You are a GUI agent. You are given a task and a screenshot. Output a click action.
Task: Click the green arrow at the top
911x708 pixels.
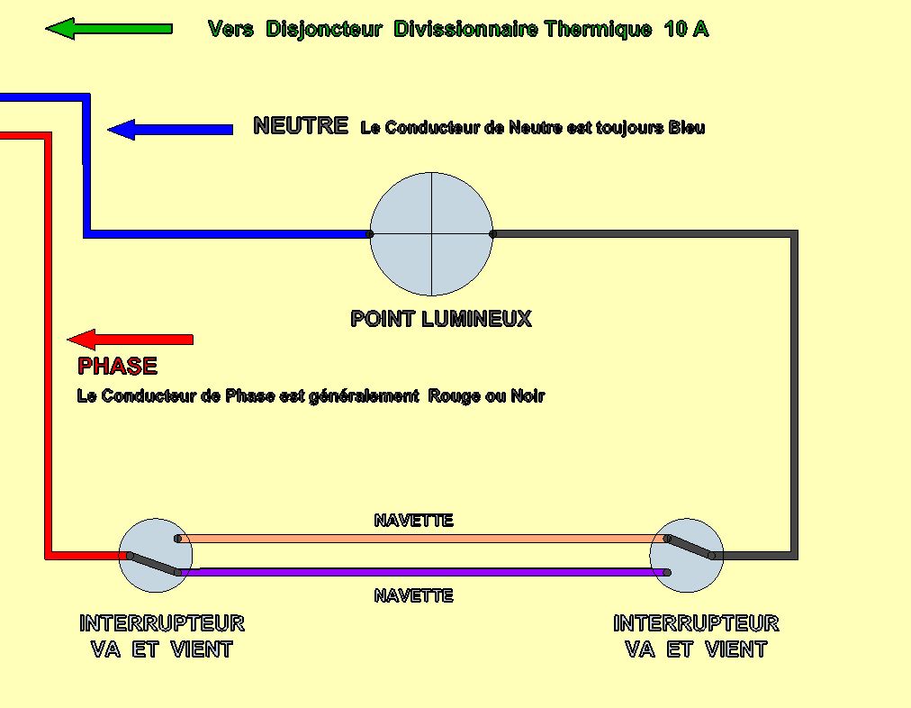tap(108, 29)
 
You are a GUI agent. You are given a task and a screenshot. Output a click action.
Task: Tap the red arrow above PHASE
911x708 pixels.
tap(131, 340)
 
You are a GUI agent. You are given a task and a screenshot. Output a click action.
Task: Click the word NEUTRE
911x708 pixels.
tap(301, 126)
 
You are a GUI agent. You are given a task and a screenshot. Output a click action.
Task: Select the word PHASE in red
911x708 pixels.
tap(117, 367)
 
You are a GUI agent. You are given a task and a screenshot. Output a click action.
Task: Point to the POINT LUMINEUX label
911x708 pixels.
tap(440, 319)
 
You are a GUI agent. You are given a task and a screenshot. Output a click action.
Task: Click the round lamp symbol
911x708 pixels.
tap(432, 234)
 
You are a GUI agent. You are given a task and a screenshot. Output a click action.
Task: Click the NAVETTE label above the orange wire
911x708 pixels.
tap(413, 521)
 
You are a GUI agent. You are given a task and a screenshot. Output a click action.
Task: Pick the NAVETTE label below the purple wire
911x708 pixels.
tap(413, 595)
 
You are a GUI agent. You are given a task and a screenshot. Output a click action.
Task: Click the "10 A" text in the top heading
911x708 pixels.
tap(686, 29)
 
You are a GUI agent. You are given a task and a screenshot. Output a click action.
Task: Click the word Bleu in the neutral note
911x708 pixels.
tap(686, 128)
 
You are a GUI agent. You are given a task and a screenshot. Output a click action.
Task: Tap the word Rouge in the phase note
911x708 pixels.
tap(455, 395)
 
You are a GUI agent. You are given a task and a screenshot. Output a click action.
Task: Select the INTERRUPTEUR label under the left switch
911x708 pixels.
tap(162, 623)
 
